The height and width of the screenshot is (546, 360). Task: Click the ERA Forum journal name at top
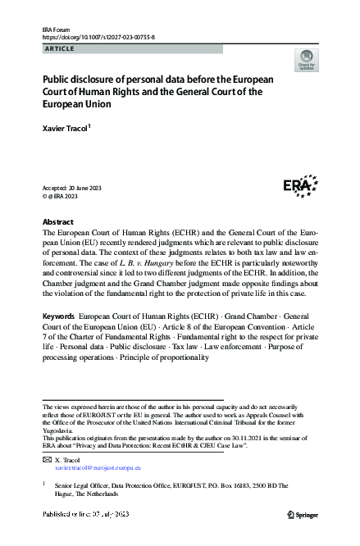(x=55, y=30)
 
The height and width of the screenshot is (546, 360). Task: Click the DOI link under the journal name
(x=98, y=38)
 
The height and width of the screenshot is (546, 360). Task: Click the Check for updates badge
(x=308, y=60)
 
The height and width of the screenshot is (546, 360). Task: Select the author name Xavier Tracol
(x=69, y=129)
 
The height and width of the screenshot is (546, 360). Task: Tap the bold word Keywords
(x=58, y=316)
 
